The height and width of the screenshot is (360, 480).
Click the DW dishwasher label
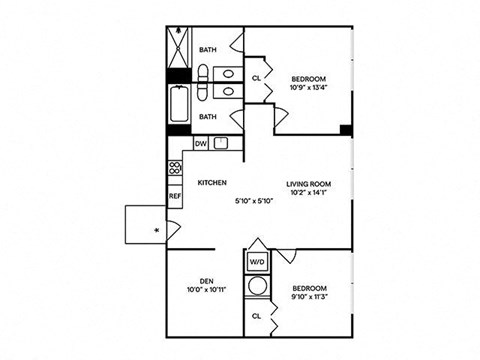(x=200, y=144)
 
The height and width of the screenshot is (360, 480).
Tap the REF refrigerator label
(x=175, y=196)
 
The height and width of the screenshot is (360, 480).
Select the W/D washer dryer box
(x=257, y=263)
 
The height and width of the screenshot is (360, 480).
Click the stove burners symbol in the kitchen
(x=174, y=169)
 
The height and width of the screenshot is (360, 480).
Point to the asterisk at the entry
(x=156, y=231)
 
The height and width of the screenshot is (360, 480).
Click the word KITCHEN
(x=212, y=183)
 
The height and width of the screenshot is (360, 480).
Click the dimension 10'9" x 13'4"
(x=309, y=87)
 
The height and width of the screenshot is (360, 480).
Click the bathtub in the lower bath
(x=180, y=106)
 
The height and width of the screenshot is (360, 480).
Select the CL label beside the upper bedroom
(x=256, y=78)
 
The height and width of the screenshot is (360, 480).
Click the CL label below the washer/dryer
(x=256, y=315)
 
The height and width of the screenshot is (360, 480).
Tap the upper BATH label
(x=208, y=49)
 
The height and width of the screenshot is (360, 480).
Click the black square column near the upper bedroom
(x=345, y=129)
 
